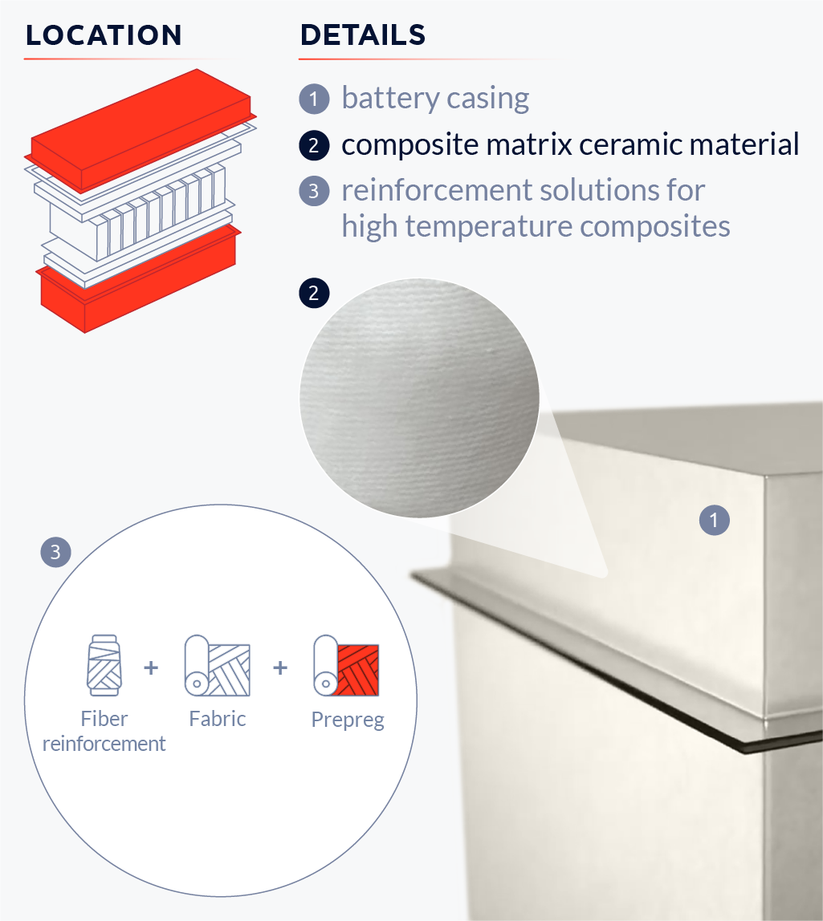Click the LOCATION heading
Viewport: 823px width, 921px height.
[x=104, y=35]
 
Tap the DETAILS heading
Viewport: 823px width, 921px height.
[x=362, y=35]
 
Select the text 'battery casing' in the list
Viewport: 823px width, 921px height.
[x=435, y=99]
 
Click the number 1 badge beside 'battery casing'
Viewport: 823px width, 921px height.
[x=314, y=99]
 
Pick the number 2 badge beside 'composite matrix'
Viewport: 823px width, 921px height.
[x=314, y=145]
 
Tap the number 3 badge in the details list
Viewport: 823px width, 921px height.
[x=314, y=191]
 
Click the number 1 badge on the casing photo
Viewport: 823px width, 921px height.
[x=714, y=520]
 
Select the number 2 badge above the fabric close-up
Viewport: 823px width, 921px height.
[x=314, y=293]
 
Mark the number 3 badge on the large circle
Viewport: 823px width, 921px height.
[x=55, y=552]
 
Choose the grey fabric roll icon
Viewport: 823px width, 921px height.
[x=217, y=665]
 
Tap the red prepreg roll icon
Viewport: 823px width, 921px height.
[x=346, y=666]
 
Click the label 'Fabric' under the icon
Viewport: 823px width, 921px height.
[x=217, y=718]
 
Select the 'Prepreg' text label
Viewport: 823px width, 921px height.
[x=347, y=720]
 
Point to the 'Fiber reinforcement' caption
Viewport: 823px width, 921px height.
[x=104, y=731]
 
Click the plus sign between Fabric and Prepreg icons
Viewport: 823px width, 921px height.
[x=280, y=667]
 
